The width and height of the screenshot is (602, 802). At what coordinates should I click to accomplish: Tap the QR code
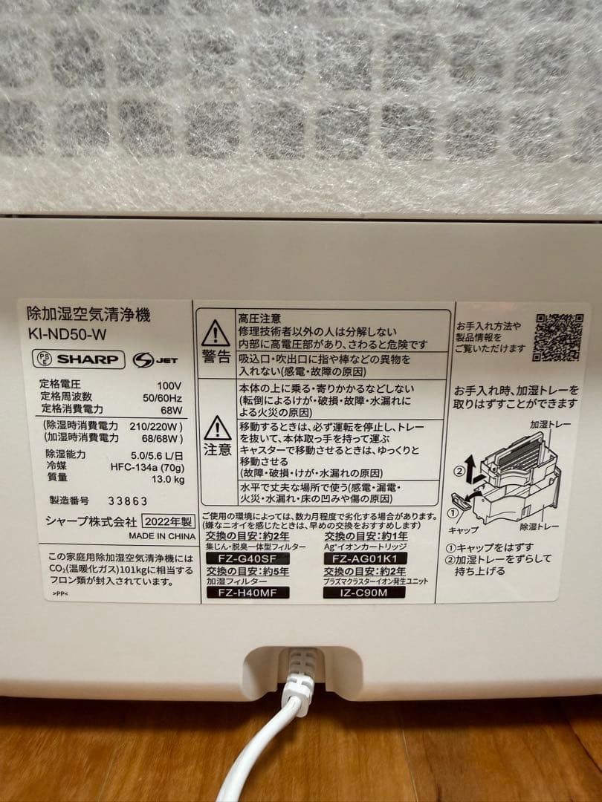558,337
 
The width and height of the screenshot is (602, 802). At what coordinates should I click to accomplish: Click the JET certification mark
154,360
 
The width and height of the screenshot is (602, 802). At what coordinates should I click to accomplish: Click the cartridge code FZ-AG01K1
366,558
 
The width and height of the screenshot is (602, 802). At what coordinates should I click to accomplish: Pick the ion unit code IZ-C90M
365,593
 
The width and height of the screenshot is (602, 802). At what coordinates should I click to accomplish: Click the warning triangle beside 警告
216,332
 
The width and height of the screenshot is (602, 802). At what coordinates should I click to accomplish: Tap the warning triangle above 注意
217,427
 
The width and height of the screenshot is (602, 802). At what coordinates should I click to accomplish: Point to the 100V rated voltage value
169,385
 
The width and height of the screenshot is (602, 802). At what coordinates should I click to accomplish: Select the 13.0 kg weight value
168,478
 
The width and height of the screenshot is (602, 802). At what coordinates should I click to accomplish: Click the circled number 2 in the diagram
460,469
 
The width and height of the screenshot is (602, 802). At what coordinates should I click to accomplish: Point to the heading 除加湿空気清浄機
88,315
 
